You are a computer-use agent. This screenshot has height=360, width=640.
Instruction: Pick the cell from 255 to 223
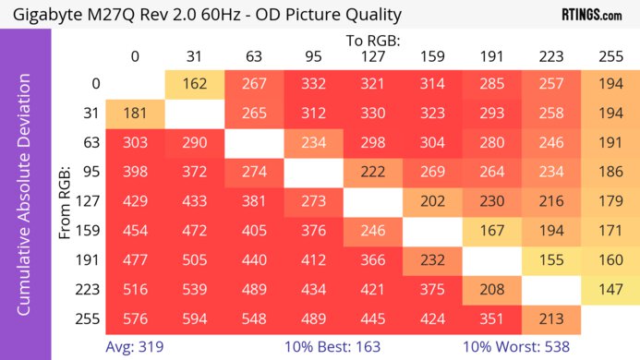pyautogui.click(x=549, y=320)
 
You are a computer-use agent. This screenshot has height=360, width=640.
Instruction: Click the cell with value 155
pyautogui.click(x=549, y=261)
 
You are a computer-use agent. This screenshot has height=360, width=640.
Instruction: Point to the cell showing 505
pyautogui.click(x=194, y=261)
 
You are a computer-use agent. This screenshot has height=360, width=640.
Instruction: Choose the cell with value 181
pyautogui.click(x=135, y=114)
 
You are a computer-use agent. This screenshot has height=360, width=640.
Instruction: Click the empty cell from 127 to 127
pyautogui.click(x=372, y=202)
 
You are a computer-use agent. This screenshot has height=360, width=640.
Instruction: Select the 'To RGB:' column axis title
pyautogui.click(x=372, y=41)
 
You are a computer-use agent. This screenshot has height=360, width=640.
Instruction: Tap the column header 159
pyautogui.click(x=431, y=56)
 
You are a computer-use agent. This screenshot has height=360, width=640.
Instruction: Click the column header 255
pyautogui.click(x=610, y=56)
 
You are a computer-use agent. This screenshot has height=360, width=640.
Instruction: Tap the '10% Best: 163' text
pyautogui.click(x=342, y=347)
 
